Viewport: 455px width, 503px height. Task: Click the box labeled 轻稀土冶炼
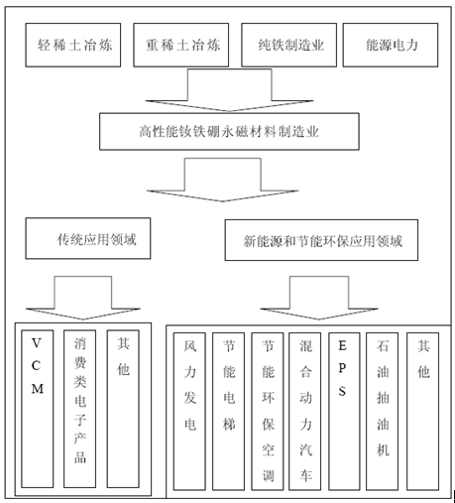point(73,45)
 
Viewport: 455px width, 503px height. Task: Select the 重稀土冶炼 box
point(181,45)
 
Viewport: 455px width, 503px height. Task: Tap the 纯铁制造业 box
point(289,45)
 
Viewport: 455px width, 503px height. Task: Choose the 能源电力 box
point(391,45)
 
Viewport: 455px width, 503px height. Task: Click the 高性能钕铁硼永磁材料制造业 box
point(229,132)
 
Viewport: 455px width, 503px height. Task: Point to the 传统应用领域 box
point(88,238)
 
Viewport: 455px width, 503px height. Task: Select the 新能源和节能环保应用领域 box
point(321,240)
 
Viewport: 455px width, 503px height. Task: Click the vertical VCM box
point(38,409)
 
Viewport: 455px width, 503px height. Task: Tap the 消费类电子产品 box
point(79,409)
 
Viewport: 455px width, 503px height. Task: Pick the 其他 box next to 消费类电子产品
point(123,409)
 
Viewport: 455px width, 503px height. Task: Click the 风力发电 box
point(189,412)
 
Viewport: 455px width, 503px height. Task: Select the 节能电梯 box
point(229,412)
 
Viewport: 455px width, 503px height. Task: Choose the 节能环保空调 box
point(268,412)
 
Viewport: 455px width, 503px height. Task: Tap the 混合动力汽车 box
point(305,412)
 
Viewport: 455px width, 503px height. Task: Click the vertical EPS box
point(344,412)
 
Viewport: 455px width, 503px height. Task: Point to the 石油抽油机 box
point(383,412)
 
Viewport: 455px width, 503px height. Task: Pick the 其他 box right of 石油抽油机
point(423,412)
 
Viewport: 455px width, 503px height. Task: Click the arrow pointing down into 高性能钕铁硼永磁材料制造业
point(230,90)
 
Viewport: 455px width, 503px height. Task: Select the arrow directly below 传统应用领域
point(83,298)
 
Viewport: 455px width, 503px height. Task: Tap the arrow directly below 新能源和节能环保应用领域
point(319,298)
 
